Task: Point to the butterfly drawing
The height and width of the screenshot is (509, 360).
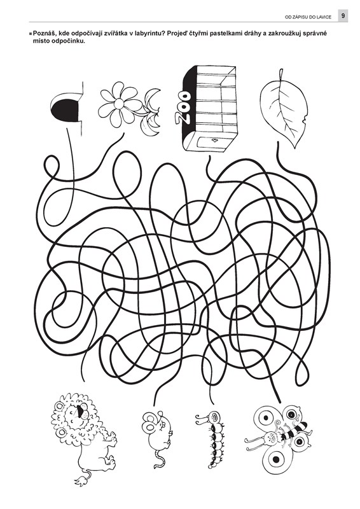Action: pos(278,435)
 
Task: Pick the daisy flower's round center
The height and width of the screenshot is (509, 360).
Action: pos(119,104)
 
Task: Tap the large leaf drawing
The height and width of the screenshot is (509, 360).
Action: pos(284,109)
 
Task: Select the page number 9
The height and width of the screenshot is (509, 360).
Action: pos(343,15)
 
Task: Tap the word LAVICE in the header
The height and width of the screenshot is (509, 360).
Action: pos(324,17)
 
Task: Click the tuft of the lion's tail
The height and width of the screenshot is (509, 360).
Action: pos(81,480)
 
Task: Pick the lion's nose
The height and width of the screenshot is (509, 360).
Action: pos(80,411)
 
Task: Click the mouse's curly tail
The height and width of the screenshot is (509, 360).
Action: pos(158,458)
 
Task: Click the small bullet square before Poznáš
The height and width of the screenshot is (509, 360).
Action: pos(31,34)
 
